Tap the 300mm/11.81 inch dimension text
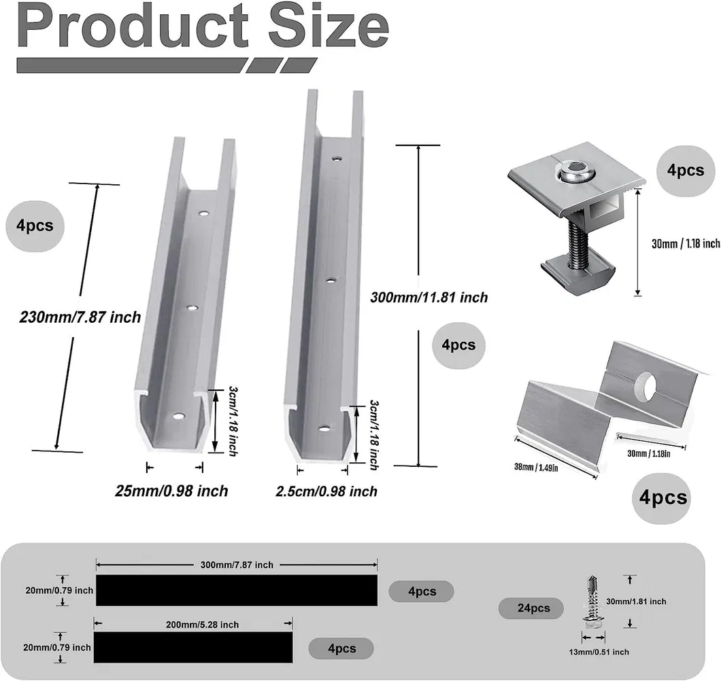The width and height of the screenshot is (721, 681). coord(429,297)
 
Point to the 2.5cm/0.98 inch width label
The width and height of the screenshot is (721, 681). coord(326,491)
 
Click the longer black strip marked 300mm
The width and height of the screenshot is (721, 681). coord(236,590)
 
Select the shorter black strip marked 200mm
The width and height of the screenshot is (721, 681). coord(192,647)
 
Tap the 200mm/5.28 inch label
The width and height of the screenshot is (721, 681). coord(193,625)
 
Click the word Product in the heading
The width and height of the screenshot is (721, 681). coord(133,28)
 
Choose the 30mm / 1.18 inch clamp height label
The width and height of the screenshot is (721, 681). coord(685,243)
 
